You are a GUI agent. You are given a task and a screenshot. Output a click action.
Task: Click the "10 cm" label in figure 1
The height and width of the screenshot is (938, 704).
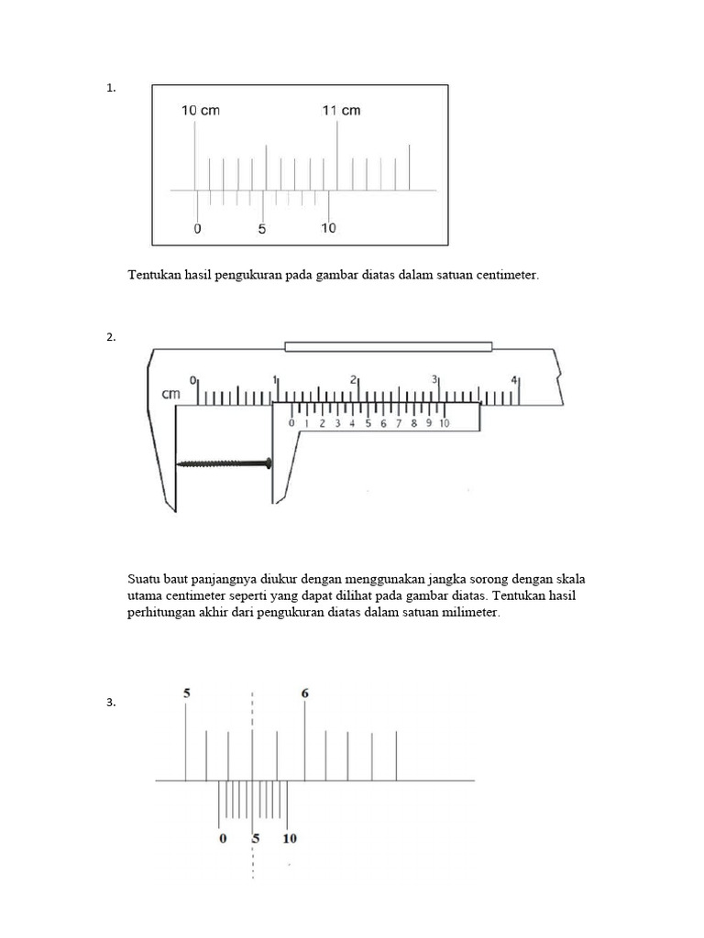(x=201, y=110)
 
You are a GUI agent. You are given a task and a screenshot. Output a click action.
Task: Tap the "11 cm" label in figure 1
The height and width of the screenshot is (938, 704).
(x=341, y=110)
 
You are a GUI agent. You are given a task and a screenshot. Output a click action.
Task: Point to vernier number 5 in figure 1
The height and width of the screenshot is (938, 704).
(x=262, y=228)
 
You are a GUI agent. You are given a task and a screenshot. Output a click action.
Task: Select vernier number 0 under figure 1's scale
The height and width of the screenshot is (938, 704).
(x=198, y=228)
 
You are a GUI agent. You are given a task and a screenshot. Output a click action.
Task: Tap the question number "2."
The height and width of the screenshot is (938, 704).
(x=111, y=337)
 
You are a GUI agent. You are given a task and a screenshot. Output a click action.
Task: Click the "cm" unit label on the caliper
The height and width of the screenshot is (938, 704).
(x=170, y=394)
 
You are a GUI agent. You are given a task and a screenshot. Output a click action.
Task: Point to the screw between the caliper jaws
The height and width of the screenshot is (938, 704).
(x=224, y=463)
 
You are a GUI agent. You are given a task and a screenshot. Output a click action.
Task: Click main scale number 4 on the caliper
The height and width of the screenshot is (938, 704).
(x=513, y=379)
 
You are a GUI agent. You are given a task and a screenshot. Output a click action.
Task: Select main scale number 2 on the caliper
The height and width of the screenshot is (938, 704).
(x=353, y=379)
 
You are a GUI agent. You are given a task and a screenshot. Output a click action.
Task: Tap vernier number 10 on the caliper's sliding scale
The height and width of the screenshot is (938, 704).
(x=445, y=423)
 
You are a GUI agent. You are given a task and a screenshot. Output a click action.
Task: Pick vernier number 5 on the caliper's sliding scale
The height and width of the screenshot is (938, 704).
(x=368, y=423)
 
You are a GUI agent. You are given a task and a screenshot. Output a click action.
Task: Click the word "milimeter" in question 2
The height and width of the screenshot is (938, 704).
(x=469, y=613)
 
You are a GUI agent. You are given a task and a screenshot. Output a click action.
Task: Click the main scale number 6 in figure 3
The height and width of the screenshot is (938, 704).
(x=304, y=693)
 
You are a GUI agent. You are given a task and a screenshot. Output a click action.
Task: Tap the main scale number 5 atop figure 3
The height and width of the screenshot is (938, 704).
(x=187, y=693)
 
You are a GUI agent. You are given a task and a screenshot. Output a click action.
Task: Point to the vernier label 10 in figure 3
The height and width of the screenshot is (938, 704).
(x=290, y=839)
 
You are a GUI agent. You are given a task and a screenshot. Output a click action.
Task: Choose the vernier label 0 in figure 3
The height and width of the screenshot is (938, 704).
(x=224, y=839)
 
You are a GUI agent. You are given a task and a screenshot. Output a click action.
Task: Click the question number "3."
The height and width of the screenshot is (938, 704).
(x=111, y=703)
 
